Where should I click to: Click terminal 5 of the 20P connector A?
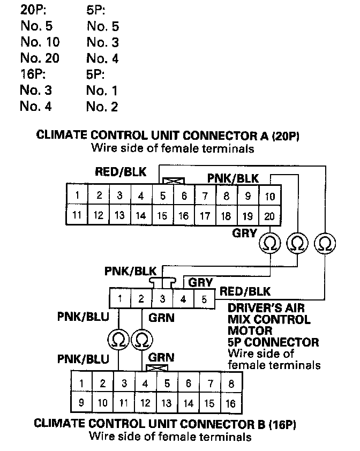point(163,196)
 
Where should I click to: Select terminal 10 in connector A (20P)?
point(270,196)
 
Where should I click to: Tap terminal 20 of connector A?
point(270,216)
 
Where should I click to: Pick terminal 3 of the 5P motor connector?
point(162,298)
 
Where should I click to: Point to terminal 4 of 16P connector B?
point(145,384)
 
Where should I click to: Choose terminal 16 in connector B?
point(231,403)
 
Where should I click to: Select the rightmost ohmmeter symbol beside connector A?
point(324,244)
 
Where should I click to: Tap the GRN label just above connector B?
point(161,357)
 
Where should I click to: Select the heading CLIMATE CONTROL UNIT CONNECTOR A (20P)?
point(167,136)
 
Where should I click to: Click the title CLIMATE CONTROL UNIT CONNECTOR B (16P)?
point(166,424)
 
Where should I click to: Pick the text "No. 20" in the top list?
point(40,58)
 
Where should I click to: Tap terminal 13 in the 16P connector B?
point(167,403)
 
